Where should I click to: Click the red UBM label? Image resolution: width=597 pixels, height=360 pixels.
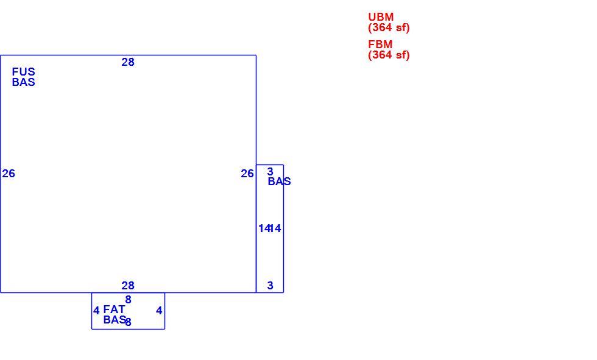click(x=381, y=17)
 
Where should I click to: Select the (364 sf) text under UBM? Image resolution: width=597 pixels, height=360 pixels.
click(x=389, y=28)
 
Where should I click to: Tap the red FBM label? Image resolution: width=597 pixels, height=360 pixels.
click(x=380, y=44)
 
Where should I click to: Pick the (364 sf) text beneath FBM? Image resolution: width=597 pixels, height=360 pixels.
click(x=389, y=55)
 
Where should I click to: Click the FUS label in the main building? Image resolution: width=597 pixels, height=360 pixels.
click(x=23, y=72)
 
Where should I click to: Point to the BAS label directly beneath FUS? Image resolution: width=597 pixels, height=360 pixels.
click(x=23, y=82)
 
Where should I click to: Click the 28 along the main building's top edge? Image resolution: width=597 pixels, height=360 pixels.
click(x=128, y=62)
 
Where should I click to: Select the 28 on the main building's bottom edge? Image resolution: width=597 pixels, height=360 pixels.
click(x=128, y=286)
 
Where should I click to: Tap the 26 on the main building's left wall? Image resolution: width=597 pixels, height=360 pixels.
click(x=9, y=174)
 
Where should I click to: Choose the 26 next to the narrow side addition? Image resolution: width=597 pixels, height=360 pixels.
click(x=247, y=174)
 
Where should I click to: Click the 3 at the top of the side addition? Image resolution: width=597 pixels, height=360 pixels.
click(x=270, y=172)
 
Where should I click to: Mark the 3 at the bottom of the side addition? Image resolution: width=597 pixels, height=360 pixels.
click(x=270, y=286)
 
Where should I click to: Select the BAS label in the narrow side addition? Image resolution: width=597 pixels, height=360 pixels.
click(x=279, y=182)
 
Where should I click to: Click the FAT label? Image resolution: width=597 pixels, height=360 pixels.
click(x=114, y=309)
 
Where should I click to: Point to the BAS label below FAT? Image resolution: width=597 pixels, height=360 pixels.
click(x=115, y=320)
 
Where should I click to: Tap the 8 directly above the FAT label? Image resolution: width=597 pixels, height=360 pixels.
click(x=129, y=300)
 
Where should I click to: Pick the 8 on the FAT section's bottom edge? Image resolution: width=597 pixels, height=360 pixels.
click(x=129, y=322)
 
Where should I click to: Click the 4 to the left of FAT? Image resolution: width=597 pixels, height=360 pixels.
click(x=96, y=311)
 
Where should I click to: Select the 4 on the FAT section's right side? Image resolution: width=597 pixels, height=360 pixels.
click(x=159, y=311)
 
